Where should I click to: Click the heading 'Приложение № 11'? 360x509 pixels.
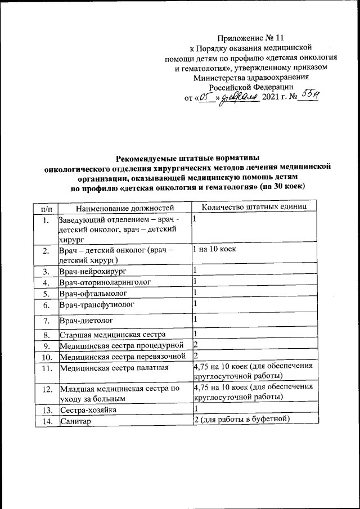pos(250,38)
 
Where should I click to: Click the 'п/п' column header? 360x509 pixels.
pos(44,208)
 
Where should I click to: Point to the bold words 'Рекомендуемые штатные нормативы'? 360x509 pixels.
pos(187,159)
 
